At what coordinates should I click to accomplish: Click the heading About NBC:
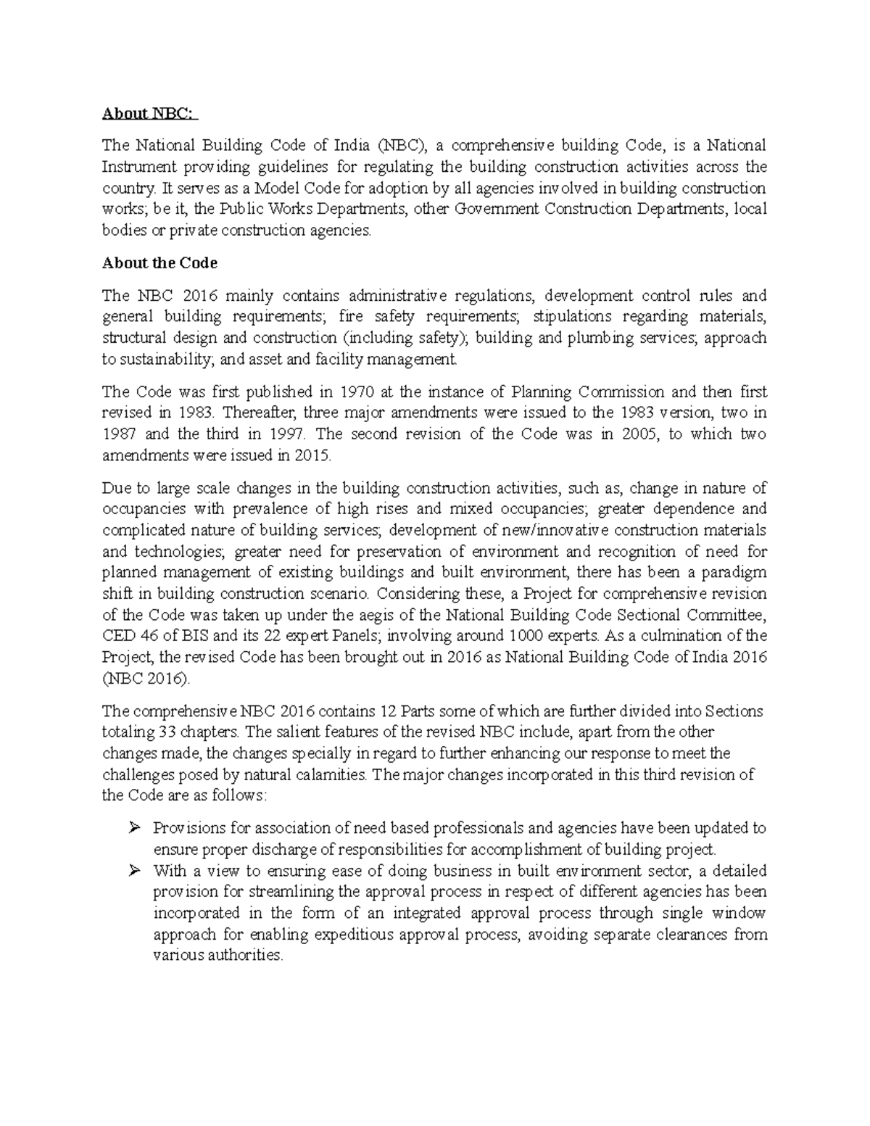click(148, 113)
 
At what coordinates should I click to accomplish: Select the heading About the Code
click(159, 263)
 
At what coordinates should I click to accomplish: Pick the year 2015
click(312, 456)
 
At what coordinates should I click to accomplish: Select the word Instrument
click(136, 167)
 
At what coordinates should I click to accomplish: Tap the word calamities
click(333, 774)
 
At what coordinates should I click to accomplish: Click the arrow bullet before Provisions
click(134, 828)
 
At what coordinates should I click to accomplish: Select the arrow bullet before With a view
click(134, 871)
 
